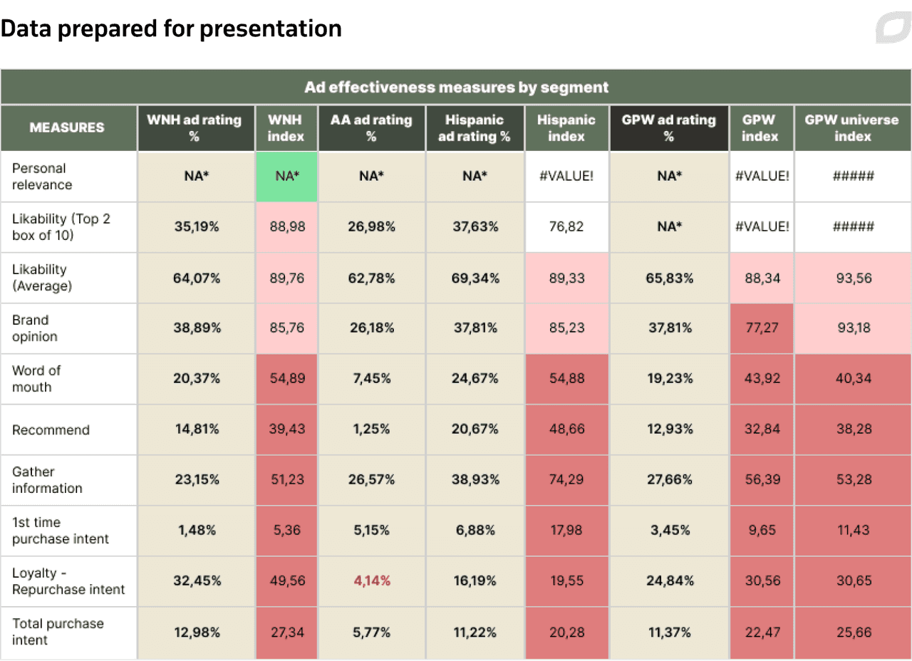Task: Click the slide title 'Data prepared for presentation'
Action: pyautogui.click(x=171, y=29)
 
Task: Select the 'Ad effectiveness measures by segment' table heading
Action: pyautogui.click(x=456, y=88)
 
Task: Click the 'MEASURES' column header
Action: pyautogui.click(x=67, y=127)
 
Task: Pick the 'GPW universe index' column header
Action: pyautogui.click(x=852, y=127)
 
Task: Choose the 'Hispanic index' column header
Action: pyautogui.click(x=566, y=127)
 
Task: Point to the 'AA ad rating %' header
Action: pyautogui.click(x=371, y=127)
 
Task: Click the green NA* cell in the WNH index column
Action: pyautogui.click(x=286, y=176)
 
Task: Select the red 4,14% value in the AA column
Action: pyautogui.click(x=371, y=581)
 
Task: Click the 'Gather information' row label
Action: pyautogui.click(x=47, y=480)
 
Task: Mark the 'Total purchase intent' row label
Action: pyautogui.click(x=58, y=632)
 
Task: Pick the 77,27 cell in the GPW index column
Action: pyautogui.click(x=761, y=328)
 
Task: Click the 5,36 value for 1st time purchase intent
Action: pyautogui.click(x=286, y=531)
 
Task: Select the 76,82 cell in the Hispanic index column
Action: pyautogui.click(x=566, y=227)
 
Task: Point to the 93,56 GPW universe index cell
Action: pyautogui.click(x=853, y=278)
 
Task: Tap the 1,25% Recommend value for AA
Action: pyautogui.click(x=371, y=430)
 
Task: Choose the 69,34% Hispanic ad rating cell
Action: pyautogui.click(x=475, y=278)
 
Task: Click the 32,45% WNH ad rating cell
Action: pyautogui.click(x=196, y=581)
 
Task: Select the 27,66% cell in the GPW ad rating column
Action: pyautogui.click(x=668, y=480)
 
